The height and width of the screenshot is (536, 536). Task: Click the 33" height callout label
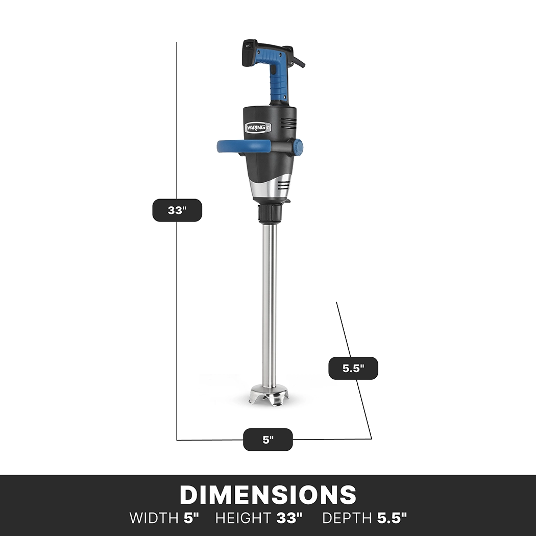coord(177,210)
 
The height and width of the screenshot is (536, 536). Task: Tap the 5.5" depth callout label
coord(353,368)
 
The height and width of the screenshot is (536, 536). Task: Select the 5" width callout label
coord(268,440)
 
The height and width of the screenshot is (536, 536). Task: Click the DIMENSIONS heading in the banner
coord(268,495)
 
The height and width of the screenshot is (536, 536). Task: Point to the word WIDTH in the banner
coord(154,518)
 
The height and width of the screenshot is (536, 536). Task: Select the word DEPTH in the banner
coord(348,518)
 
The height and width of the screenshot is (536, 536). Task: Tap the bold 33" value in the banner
coord(289,518)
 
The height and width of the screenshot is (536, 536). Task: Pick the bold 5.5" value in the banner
coord(392,518)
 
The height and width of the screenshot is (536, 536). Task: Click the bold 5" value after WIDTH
coord(191,518)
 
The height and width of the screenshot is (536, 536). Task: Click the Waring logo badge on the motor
coord(258,127)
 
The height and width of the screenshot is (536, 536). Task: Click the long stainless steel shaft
coord(270,306)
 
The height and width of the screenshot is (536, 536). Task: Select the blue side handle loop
coord(240,147)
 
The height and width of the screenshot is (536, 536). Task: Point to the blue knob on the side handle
coord(298,147)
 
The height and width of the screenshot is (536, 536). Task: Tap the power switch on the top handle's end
coord(248,46)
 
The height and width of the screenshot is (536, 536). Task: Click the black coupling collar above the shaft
coord(269,213)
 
